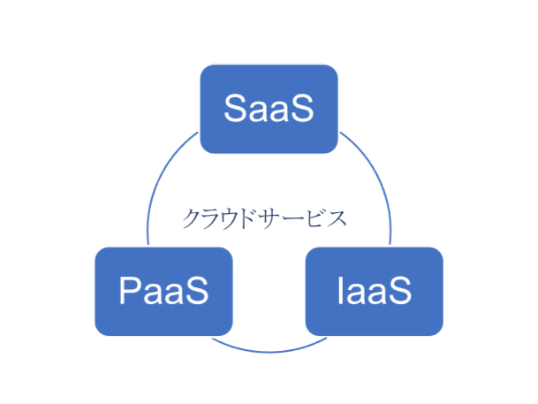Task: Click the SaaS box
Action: (269, 109)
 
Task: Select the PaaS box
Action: (164, 292)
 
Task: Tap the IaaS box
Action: (375, 292)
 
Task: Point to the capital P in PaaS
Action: (130, 290)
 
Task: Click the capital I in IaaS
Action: (341, 290)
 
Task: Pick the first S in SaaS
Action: (236, 108)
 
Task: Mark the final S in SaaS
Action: (302, 108)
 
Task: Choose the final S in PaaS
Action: (197, 290)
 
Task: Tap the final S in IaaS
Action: (399, 290)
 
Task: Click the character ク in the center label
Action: (192, 218)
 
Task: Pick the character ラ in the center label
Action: (211, 218)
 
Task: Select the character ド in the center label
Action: (247, 218)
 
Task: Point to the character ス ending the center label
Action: (336, 218)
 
